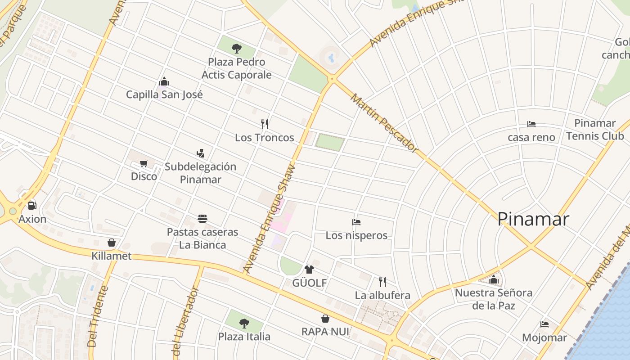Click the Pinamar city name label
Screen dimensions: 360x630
pos(533,219)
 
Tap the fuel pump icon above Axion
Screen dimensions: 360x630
pos(32,206)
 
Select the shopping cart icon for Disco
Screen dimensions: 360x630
pos(144,163)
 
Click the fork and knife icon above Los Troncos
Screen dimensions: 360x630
pos(265,124)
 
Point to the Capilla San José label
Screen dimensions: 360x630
pos(164,94)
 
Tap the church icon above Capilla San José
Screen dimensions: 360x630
pos(164,81)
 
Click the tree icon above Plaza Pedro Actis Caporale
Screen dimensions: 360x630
pos(236,49)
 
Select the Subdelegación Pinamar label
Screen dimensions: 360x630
pos(200,173)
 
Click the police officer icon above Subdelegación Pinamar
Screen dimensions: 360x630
pos(200,153)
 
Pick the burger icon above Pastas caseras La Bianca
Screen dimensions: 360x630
pos(202,219)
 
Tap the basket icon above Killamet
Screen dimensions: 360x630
pos(112,243)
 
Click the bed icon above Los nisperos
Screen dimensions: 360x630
pos(356,222)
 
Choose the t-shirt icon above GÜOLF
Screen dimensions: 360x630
pos(309,270)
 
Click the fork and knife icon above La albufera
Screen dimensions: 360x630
pos(382,282)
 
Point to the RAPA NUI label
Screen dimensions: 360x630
pos(325,332)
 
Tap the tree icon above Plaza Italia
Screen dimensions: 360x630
pos(244,323)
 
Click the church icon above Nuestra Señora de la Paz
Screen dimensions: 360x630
pos(494,279)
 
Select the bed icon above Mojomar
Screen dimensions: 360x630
pos(544,324)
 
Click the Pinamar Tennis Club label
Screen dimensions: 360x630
pos(595,130)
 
